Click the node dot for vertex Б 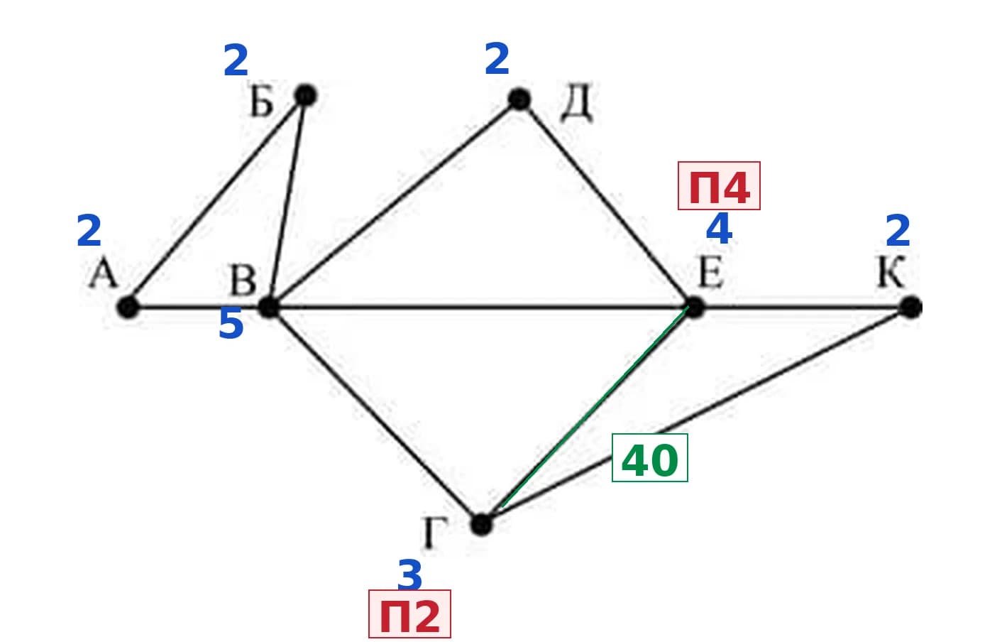(x=306, y=95)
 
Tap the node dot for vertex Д (x=519, y=99)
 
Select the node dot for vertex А (x=128, y=307)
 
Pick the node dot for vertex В (x=269, y=307)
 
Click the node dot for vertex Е (x=693, y=307)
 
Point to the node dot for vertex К (x=911, y=307)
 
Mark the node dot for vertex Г (x=482, y=524)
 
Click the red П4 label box (x=719, y=186)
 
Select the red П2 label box (x=409, y=614)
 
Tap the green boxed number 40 (x=649, y=457)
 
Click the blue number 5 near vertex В (x=231, y=323)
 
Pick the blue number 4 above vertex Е (x=719, y=229)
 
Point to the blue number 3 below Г (x=409, y=575)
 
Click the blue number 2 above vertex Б (x=236, y=60)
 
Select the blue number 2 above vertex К (x=898, y=231)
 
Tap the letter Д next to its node (x=577, y=102)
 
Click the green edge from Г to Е (x=595, y=407)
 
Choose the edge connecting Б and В (x=287, y=202)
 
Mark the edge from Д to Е (x=606, y=203)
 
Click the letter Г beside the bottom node (x=434, y=533)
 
